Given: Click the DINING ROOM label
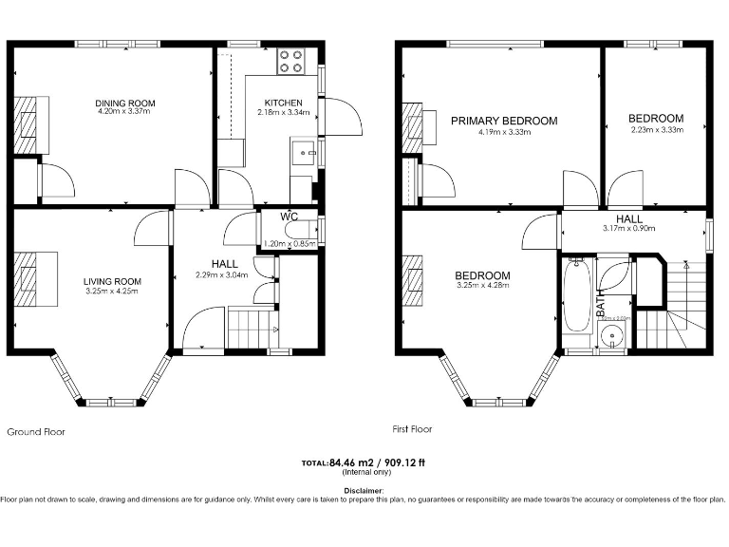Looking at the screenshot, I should coord(124,103).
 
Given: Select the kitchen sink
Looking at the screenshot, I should coord(304,151).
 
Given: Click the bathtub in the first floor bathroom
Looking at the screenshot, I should coord(575,295).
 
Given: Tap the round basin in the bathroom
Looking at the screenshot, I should coord(614,333).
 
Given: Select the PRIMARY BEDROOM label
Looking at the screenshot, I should coord(503,121).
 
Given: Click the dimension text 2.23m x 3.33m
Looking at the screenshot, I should coord(655,131).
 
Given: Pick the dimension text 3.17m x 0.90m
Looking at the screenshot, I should coord(630,229).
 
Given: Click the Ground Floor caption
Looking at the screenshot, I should coord(35,431).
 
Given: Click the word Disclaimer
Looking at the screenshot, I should coord(364,490).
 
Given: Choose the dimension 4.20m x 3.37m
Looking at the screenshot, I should coord(124,112).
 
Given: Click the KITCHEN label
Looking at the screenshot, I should coord(283,103).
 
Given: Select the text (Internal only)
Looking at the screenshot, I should coord(364,473).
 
